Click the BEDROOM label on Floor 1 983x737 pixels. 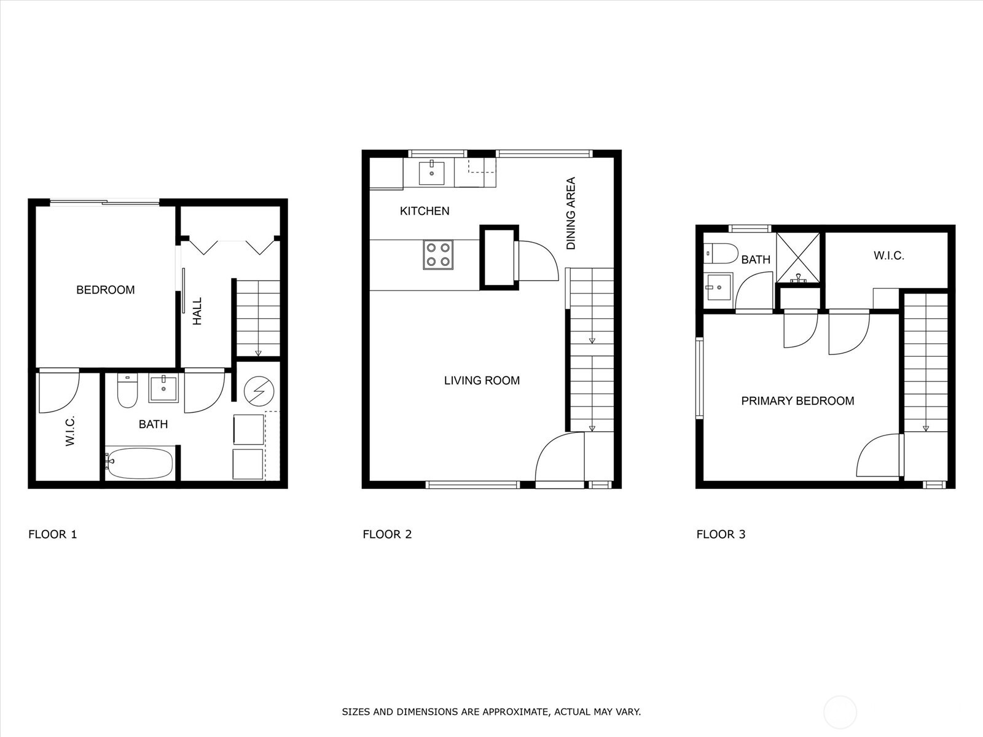(105, 290)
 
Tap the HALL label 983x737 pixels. (197, 311)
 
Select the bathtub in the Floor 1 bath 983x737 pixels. (139, 462)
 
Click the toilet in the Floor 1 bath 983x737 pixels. (127, 392)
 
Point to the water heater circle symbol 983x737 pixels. (255, 389)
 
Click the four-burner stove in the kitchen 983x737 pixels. (438, 254)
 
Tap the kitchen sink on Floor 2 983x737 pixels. (432, 172)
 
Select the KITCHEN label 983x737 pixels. (425, 211)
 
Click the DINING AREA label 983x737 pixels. (571, 213)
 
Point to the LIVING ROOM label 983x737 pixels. (482, 381)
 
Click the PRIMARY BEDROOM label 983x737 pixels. (797, 401)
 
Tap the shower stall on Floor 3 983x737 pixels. (798, 258)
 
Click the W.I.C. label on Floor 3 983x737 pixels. (888, 255)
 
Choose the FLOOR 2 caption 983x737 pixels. (387, 534)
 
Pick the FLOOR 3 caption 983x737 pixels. (721, 534)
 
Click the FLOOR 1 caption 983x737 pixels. (53, 534)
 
